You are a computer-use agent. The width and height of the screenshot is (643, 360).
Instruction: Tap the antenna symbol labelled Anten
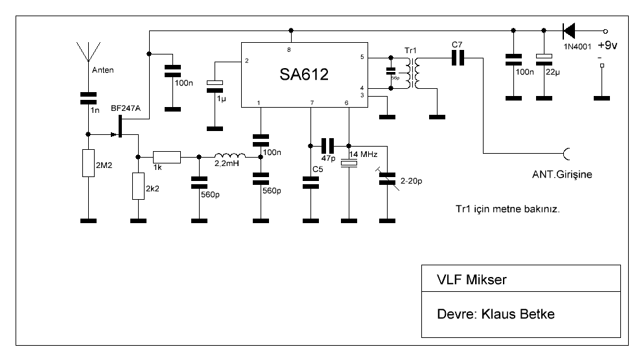87,52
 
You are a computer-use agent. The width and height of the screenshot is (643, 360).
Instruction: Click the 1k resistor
167,156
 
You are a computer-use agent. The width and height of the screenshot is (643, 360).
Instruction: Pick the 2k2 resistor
137,187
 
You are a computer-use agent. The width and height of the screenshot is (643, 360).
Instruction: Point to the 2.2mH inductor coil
229,156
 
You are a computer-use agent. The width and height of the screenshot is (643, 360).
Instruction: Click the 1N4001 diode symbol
570,30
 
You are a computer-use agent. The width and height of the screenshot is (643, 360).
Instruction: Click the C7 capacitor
459,58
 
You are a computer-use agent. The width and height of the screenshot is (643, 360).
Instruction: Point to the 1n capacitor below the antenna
87,98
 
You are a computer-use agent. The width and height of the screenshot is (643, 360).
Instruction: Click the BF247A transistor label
125,108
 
